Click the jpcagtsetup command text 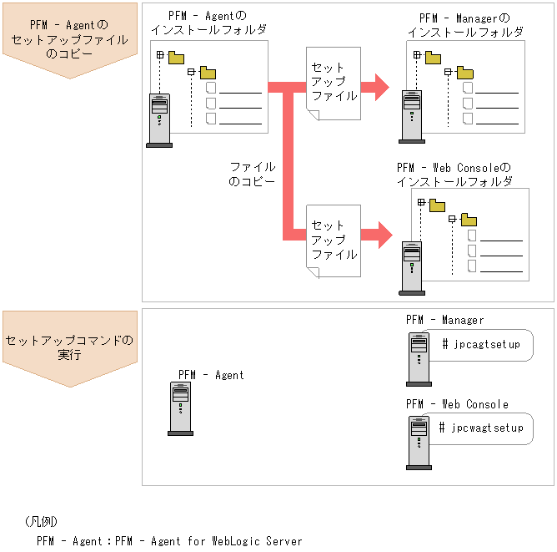(x=480, y=344)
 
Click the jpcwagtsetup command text (x=481, y=428)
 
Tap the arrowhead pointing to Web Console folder (x=382, y=235)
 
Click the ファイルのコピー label (x=252, y=174)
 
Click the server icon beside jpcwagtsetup (x=419, y=442)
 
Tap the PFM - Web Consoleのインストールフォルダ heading (x=454, y=174)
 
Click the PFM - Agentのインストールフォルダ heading (x=209, y=23)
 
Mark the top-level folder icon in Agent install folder (x=176, y=58)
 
